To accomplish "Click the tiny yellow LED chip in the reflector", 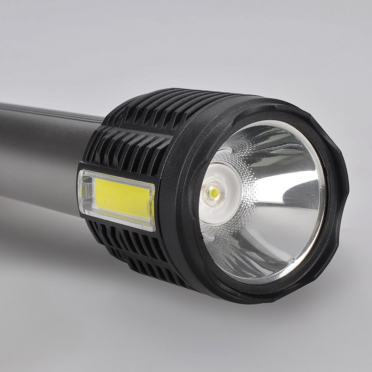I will [x=214, y=191].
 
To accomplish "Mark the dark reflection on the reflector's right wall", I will [x=298, y=195].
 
